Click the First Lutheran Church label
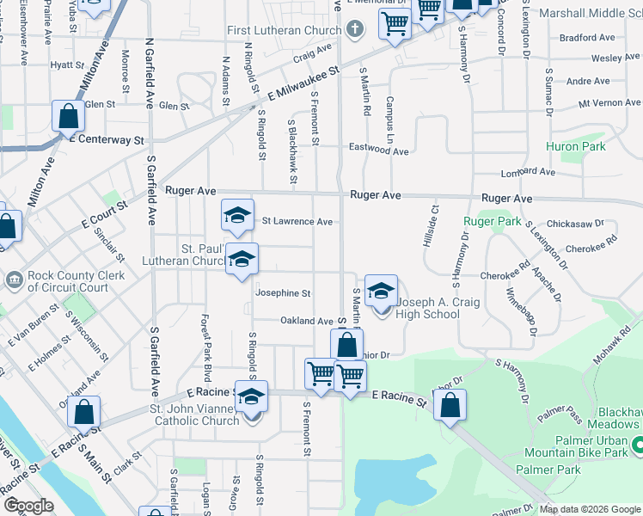point(285,31)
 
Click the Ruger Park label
point(493,221)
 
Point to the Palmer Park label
point(548,470)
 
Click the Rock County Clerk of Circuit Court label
point(68,281)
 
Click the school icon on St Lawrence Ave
point(238,217)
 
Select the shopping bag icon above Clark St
point(84,412)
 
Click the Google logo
point(28,506)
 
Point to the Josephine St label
point(283,293)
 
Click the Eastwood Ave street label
point(378,150)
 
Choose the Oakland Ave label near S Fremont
point(306,321)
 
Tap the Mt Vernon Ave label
point(609,102)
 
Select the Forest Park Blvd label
point(206,337)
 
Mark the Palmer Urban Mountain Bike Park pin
point(637,445)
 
